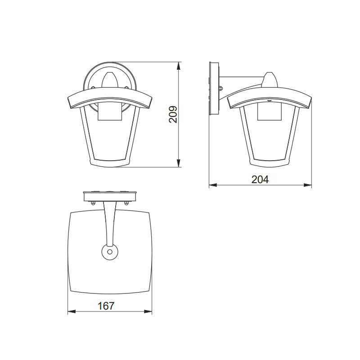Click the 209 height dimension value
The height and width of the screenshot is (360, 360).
(174, 115)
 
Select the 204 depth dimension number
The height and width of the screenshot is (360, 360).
(260, 179)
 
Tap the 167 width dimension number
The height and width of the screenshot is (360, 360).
(106, 306)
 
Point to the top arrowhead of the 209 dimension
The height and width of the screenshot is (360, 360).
(179, 65)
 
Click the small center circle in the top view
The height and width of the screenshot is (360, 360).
(109, 252)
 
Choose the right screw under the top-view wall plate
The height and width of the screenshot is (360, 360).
(126, 203)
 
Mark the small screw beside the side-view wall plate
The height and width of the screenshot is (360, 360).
(220, 88)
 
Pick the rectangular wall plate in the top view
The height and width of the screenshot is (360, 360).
(109, 196)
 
